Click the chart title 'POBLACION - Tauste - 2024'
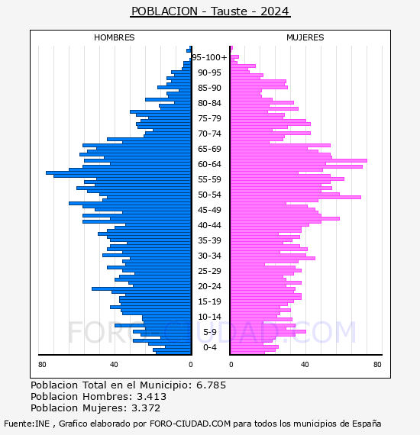click(x=210, y=11)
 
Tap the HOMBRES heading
click(x=114, y=37)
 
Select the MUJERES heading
click(x=305, y=37)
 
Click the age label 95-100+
click(x=209, y=57)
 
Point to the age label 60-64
click(x=209, y=164)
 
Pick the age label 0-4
click(x=209, y=347)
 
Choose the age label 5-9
click(x=209, y=332)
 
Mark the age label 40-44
click(x=209, y=225)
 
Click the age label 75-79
click(x=209, y=118)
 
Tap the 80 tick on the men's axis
click(x=42, y=365)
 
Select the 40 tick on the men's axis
click(x=114, y=365)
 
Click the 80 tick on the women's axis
click(x=377, y=365)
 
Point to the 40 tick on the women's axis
click(x=305, y=365)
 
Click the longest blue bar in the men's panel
click(x=119, y=172)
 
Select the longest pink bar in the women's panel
click(x=299, y=160)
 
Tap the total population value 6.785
click(x=212, y=385)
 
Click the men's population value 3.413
click(x=151, y=396)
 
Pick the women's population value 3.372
click(x=146, y=408)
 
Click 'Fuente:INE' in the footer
click(x=27, y=424)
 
